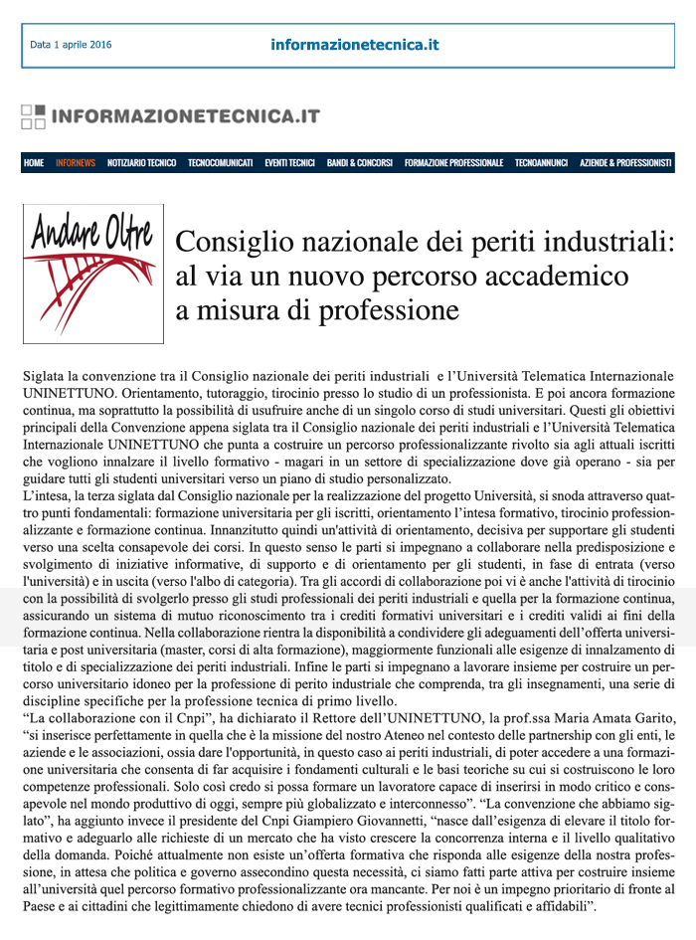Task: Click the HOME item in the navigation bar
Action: coord(34,163)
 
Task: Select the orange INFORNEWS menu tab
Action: coord(76,163)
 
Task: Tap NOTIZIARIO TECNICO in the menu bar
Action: coord(141,163)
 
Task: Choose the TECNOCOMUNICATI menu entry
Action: coord(220,163)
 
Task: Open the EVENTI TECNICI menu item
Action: coord(289,163)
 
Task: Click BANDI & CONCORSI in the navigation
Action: coord(359,163)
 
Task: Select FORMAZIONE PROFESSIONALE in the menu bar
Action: coord(453,163)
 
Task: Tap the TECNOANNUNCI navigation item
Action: coord(541,163)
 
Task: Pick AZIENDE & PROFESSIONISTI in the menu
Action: coord(625,163)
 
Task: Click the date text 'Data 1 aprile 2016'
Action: coord(71,45)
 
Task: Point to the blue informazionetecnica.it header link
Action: coord(354,45)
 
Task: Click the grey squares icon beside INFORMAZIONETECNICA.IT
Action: coord(33,116)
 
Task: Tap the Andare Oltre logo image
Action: coord(92,273)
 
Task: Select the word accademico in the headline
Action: coord(553,276)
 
